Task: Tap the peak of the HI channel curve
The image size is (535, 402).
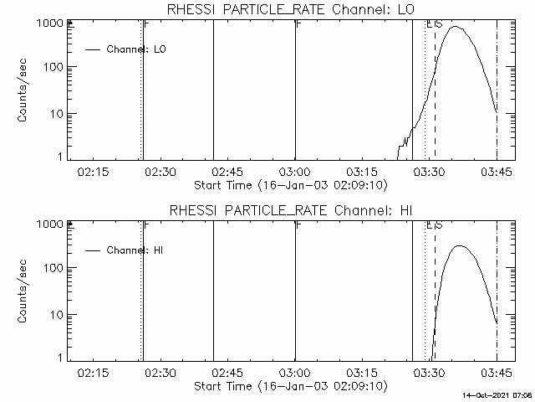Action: [x=458, y=246]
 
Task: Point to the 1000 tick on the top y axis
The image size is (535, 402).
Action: [x=69, y=23]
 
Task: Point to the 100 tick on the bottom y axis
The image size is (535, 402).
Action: [x=69, y=268]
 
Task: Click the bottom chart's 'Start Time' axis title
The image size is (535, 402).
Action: [x=288, y=386]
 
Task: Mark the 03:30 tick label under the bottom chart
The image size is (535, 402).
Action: [x=429, y=373]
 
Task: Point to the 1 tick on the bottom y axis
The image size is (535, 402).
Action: [x=69, y=358]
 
